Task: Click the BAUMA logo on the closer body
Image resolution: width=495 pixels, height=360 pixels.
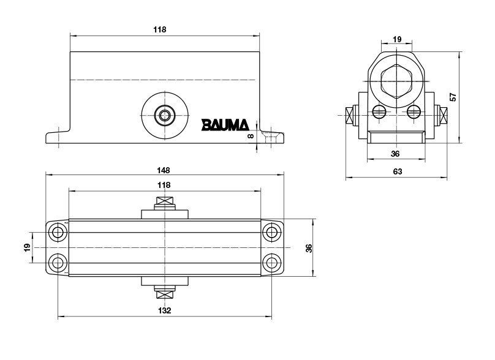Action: [225, 125]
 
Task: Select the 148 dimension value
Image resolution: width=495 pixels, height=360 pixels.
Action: [164, 170]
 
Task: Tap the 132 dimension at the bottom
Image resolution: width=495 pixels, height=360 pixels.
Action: [164, 310]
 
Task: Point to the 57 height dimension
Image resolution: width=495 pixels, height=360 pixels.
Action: [453, 97]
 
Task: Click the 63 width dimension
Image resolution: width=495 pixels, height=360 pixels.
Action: [397, 171]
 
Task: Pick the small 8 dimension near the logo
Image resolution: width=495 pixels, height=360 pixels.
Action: [250, 136]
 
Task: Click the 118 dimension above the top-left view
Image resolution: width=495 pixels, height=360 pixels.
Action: [161, 29]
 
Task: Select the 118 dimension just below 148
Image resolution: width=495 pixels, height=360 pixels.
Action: [164, 184]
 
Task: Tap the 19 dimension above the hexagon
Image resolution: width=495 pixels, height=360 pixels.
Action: [396, 39]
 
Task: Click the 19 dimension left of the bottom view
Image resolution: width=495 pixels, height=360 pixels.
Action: [27, 248]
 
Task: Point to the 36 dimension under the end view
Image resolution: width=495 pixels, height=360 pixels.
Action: [395, 153]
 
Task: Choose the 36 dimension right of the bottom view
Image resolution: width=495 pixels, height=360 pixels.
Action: [309, 248]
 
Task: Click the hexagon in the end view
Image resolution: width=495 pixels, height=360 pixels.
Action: [396, 80]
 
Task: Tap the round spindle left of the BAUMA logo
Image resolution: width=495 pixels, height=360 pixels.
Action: [164, 114]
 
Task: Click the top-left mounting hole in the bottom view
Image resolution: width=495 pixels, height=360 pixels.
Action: [58, 232]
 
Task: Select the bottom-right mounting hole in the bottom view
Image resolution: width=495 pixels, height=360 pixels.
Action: [271, 263]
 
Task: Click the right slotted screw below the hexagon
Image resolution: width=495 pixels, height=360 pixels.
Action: [414, 111]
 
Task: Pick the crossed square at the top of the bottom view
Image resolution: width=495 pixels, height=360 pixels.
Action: [164, 202]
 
